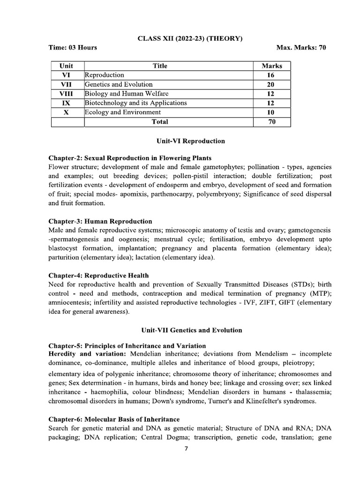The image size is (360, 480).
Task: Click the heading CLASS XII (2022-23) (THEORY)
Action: (x=190, y=38)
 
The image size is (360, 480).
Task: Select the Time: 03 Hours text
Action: (x=73, y=48)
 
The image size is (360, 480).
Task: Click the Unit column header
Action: (x=66, y=66)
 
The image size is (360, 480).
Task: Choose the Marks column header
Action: (x=271, y=66)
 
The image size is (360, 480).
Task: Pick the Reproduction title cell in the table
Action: (x=105, y=75)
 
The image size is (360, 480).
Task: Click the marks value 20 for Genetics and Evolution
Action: (x=271, y=84)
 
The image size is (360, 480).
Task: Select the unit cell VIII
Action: (x=66, y=94)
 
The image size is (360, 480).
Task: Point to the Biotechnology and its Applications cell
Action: (x=136, y=103)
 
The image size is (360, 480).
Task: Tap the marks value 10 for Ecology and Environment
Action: (x=271, y=112)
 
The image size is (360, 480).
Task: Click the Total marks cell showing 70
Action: (x=271, y=122)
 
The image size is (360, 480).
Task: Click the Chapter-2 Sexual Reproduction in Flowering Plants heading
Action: (x=130, y=158)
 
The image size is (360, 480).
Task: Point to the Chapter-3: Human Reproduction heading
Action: (x=100, y=221)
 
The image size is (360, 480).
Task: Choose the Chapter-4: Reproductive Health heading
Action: (x=98, y=276)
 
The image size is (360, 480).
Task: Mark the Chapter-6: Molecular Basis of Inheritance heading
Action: (x=114, y=419)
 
